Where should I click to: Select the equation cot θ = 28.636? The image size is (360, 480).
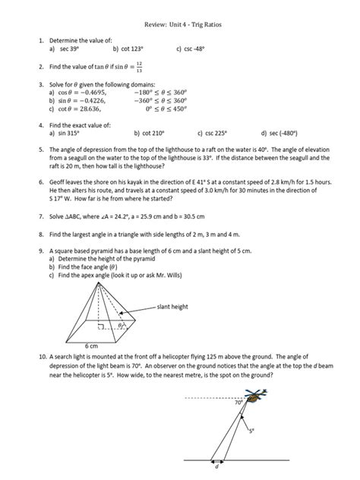click(x=77, y=108)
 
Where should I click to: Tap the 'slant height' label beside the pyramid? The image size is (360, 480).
click(x=173, y=308)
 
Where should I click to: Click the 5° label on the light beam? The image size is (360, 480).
click(x=252, y=430)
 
